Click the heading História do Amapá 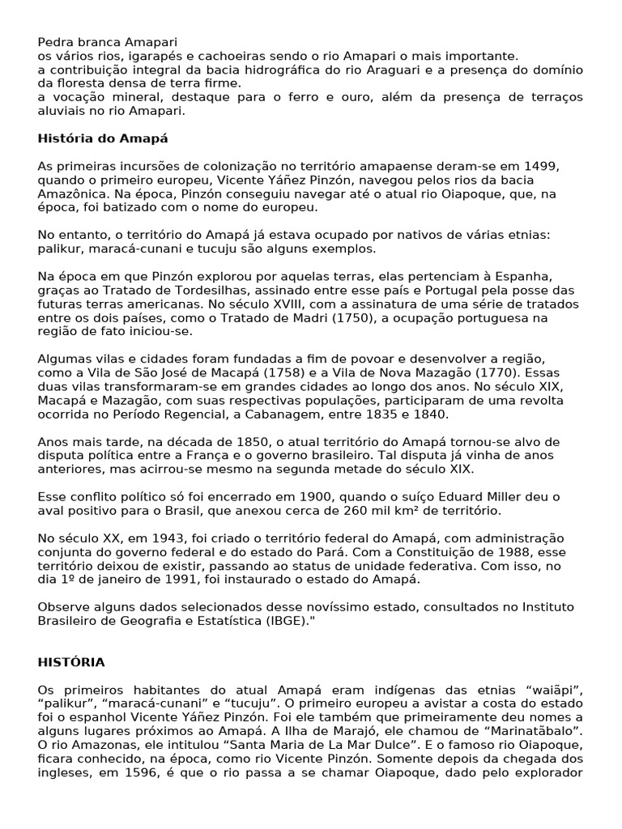(x=103, y=138)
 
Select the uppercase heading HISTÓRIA (x=71, y=662)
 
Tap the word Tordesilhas (x=231, y=290)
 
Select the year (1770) (x=477, y=372)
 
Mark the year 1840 (x=429, y=414)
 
